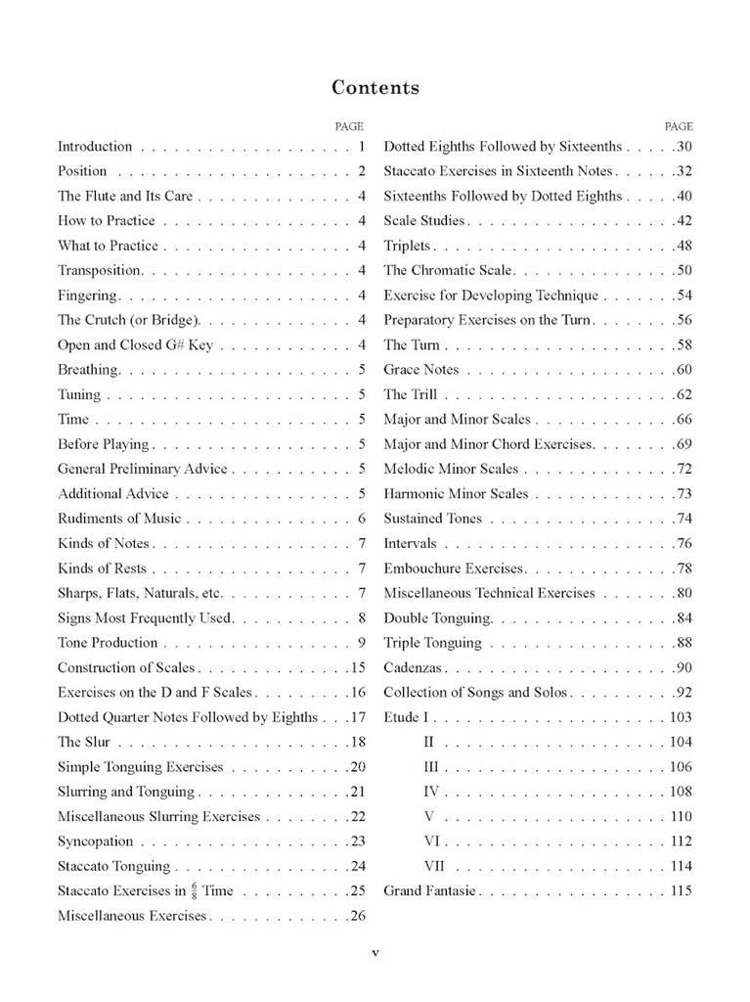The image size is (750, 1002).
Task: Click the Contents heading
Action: click(x=375, y=88)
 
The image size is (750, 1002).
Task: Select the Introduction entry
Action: click(x=95, y=147)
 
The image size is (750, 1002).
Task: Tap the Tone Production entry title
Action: click(x=108, y=643)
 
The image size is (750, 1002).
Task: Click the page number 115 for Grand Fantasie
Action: click(x=681, y=890)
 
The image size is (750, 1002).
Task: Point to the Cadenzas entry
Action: click(x=413, y=667)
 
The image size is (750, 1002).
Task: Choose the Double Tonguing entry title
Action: click(x=438, y=618)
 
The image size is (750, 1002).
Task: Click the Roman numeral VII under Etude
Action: click(x=435, y=866)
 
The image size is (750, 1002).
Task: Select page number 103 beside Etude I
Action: click(x=681, y=717)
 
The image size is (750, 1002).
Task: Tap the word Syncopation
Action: click(x=95, y=841)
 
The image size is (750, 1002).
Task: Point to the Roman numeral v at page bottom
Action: click(x=375, y=952)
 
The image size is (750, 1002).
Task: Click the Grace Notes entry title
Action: click(x=420, y=370)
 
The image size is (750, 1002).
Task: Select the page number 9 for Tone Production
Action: click(x=361, y=643)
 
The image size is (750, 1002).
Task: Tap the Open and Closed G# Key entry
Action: click(x=135, y=344)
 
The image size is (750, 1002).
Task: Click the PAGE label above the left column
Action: click(x=349, y=126)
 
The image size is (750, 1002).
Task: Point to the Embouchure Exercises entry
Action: click(x=455, y=569)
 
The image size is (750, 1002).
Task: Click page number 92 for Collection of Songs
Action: click(x=684, y=693)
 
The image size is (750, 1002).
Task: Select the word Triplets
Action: click(x=407, y=246)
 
